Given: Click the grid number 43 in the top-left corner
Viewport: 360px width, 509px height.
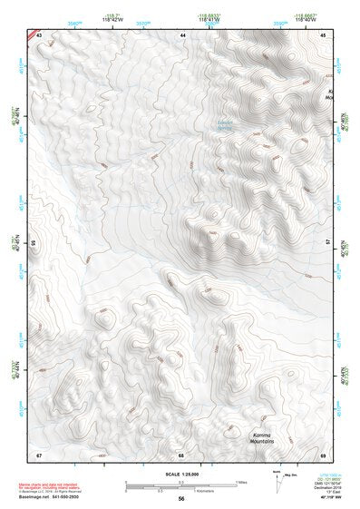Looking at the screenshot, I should (40, 34).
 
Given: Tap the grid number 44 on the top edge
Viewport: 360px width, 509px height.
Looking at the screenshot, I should (182, 34).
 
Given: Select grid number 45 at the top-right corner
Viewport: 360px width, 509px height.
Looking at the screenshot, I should (323, 34).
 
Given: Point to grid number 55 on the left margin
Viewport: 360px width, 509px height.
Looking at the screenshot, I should (35, 243).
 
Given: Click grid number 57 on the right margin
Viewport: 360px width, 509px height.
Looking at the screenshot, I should (327, 243).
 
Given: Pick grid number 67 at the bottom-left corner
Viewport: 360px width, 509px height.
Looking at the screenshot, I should (40, 454).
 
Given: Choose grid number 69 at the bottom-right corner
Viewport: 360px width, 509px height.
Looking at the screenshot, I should (323, 454).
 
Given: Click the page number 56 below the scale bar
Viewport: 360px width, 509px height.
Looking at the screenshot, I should (181, 498).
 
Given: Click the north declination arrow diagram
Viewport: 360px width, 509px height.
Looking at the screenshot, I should (275, 478).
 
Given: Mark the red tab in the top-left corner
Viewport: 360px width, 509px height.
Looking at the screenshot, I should (33, 34).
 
